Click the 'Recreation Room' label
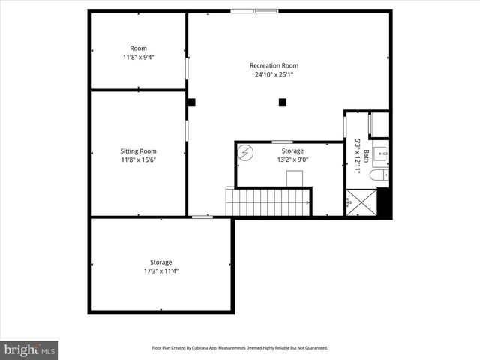274,65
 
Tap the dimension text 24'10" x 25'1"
274,74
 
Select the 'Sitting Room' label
139,151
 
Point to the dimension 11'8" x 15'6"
139,160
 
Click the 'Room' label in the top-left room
139,49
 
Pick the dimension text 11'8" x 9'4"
139,58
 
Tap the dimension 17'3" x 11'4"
160,271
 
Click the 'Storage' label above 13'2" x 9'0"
292,151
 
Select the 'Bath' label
367,157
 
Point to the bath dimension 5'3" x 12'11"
358,157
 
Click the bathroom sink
382,154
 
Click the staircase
268,202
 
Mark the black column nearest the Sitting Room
192,102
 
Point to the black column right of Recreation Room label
283,102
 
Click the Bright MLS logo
29,349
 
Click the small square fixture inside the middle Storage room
295,178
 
